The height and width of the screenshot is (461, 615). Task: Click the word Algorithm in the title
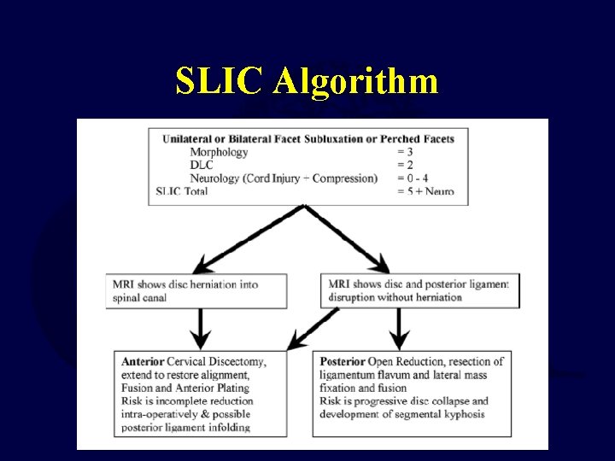point(356,82)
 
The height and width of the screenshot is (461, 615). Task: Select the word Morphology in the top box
point(219,152)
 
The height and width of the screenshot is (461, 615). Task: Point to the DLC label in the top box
point(202,165)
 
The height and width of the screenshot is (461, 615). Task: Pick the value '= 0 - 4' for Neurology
point(414,178)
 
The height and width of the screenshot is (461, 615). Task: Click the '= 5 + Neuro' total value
point(425,191)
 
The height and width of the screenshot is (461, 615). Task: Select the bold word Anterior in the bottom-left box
point(143,361)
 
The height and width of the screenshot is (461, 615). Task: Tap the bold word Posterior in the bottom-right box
point(343,361)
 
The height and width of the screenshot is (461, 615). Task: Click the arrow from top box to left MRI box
point(248,239)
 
